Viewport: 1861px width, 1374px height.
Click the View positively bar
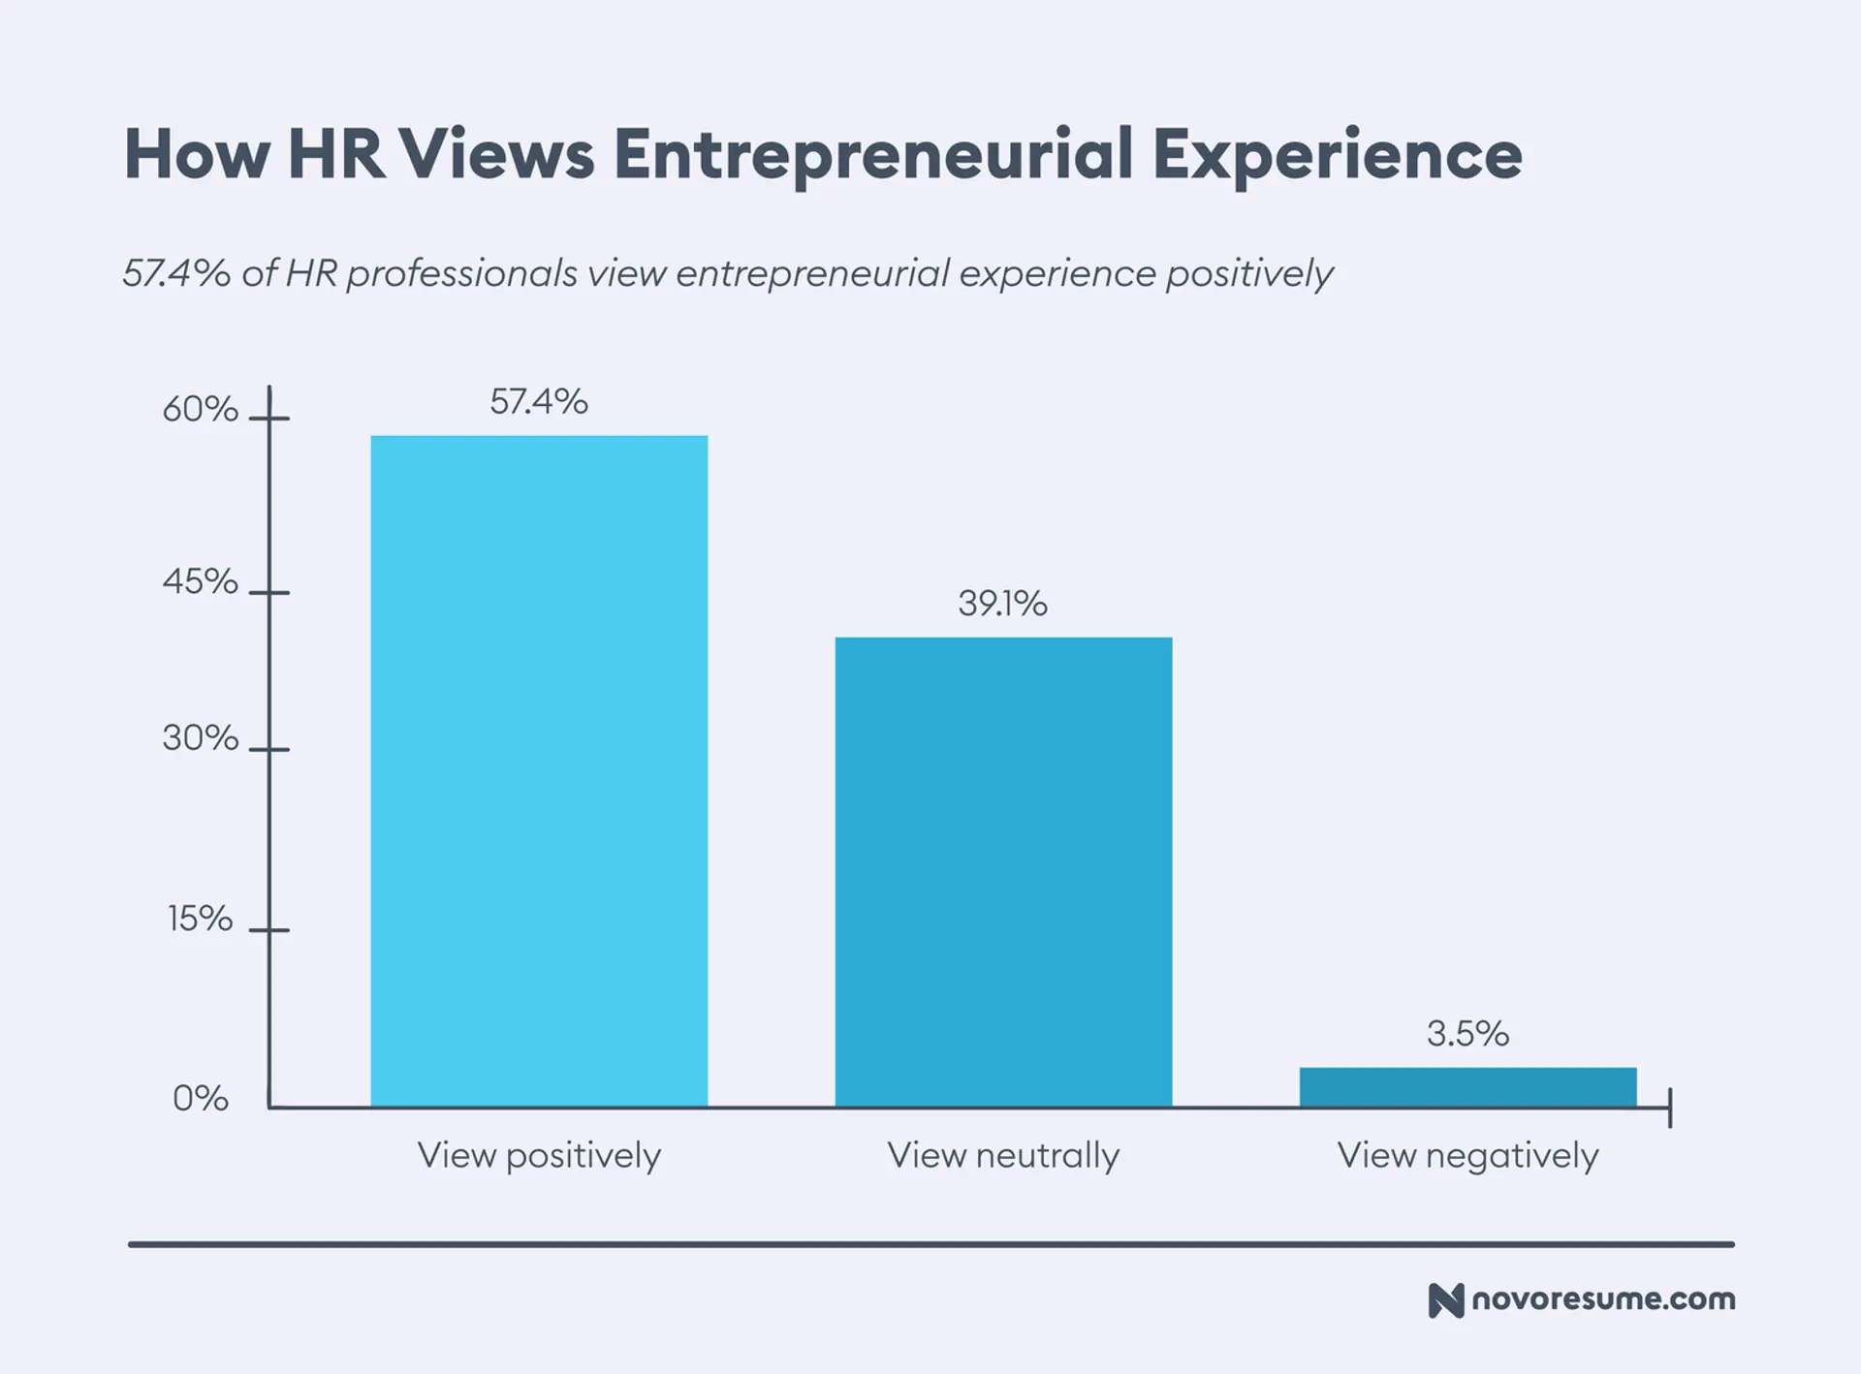(539, 770)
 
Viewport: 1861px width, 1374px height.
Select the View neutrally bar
(1003, 871)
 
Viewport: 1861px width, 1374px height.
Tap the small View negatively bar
(1467, 1086)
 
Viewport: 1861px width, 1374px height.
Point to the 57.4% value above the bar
(539, 401)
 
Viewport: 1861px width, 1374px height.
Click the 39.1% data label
(1003, 603)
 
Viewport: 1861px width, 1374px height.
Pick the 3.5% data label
(1467, 1033)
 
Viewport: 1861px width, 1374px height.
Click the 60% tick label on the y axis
(200, 409)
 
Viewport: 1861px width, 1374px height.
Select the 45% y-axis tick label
(200, 581)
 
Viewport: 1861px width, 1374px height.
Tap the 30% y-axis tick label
(200, 738)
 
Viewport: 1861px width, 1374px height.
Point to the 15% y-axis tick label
(200, 918)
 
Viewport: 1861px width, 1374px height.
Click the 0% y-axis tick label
(201, 1098)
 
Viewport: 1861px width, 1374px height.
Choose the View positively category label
(539, 1155)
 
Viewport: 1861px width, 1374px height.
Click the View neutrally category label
(1003, 1155)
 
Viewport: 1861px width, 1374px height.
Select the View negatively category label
(1467, 1155)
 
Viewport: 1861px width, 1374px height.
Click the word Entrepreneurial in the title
(872, 155)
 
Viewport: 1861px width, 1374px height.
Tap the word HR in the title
(336, 155)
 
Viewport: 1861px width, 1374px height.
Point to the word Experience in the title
(1338, 155)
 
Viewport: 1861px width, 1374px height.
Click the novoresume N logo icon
(1445, 1300)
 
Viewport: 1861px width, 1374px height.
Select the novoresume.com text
(1603, 1299)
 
